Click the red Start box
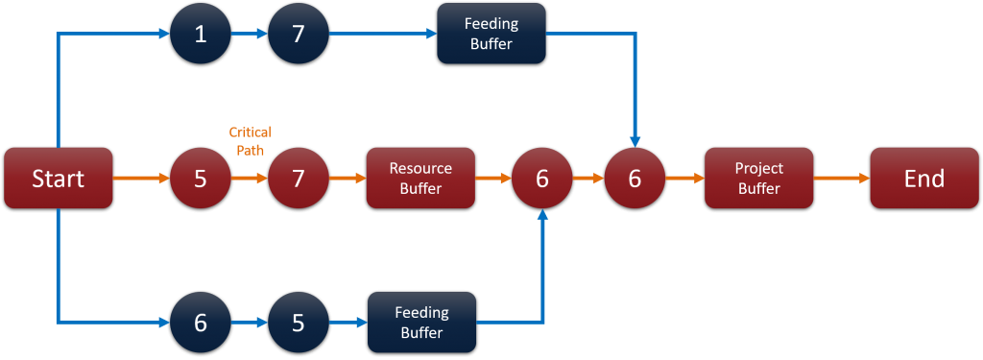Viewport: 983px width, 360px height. tap(59, 179)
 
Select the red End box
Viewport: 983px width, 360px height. tap(923, 179)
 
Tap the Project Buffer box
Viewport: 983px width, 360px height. tap(758, 179)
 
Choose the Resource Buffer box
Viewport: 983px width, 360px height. tap(420, 179)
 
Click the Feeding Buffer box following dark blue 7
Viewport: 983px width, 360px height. tap(491, 34)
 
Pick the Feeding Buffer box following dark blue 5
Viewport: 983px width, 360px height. tap(422, 323)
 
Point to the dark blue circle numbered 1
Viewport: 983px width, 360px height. tap(201, 35)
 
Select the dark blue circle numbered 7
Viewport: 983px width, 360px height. tap(299, 35)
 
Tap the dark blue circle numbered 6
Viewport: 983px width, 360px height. tap(201, 323)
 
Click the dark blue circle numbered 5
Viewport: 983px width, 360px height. tap(299, 323)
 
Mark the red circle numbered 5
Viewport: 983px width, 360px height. tap(201, 179)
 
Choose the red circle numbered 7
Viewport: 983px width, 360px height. tap(299, 179)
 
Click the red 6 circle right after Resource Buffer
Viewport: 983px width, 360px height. tap(542, 179)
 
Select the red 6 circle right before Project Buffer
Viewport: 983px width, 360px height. tap(635, 179)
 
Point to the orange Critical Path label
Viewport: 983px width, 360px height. tap(250, 140)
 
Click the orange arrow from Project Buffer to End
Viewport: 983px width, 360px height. tap(841, 179)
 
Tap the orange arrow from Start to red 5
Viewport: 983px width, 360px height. tap(141, 179)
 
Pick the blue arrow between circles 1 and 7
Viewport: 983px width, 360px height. tap(250, 35)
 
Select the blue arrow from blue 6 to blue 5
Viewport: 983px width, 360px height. tap(250, 323)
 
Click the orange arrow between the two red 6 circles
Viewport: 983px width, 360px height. tap(588, 179)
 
